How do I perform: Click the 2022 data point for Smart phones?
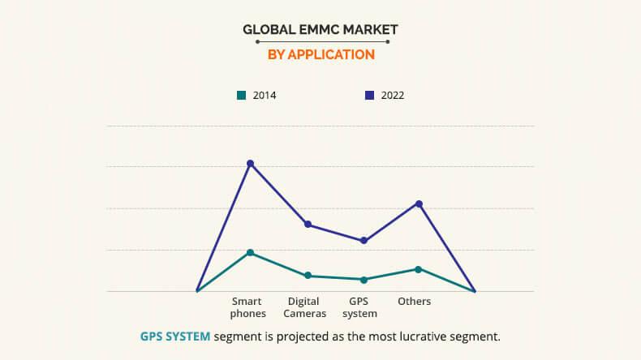(x=251, y=164)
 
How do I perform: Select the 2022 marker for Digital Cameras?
(x=308, y=224)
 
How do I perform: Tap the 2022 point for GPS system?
(x=364, y=241)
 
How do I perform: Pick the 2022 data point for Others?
(x=419, y=204)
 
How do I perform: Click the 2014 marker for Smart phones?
(x=251, y=253)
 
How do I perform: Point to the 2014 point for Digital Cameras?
(x=308, y=276)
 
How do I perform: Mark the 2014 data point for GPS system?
(x=364, y=280)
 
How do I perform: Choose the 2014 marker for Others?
(x=419, y=269)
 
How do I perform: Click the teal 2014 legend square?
(x=241, y=96)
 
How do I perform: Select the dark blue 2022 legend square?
(x=369, y=96)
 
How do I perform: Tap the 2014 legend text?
(x=265, y=96)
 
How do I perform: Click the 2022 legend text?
(x=392, y=96)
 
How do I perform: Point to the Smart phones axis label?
(x=247, y=307)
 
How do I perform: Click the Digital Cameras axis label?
(x=304, y=307)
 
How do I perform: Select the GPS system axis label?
(x=360, y=307)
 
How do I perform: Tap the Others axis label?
(x=414, y=302)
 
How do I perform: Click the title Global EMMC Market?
(x=320, y=30)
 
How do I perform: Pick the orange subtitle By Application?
(x=320, y=55)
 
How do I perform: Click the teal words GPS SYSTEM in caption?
(x=175, y=336)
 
